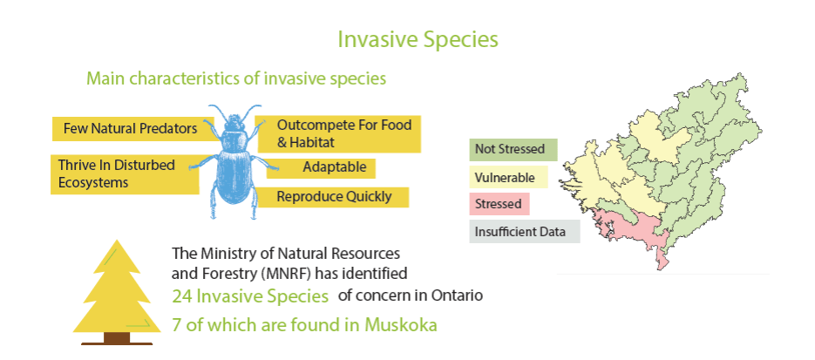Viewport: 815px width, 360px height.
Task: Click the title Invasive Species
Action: coord(418,39)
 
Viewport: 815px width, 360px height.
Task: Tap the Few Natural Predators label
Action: coord(130,128)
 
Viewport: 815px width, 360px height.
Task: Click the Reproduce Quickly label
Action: coord(334,197)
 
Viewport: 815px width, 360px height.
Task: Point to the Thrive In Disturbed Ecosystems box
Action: coord(125,174)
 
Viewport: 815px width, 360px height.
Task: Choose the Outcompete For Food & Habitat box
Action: coord(338,133)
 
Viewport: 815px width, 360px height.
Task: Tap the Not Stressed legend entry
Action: coord(513,150)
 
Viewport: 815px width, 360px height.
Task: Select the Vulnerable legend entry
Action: coord(508,177)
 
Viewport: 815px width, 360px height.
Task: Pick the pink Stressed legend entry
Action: coord(499,204)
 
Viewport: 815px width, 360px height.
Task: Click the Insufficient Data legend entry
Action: coord(525,232)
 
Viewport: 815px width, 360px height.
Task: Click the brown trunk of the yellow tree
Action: coord(117,337)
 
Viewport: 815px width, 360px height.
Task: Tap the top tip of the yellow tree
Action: coord(118,240)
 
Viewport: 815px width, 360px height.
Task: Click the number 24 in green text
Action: coord(182,296)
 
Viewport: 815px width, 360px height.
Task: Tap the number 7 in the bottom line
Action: coord(177,325)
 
